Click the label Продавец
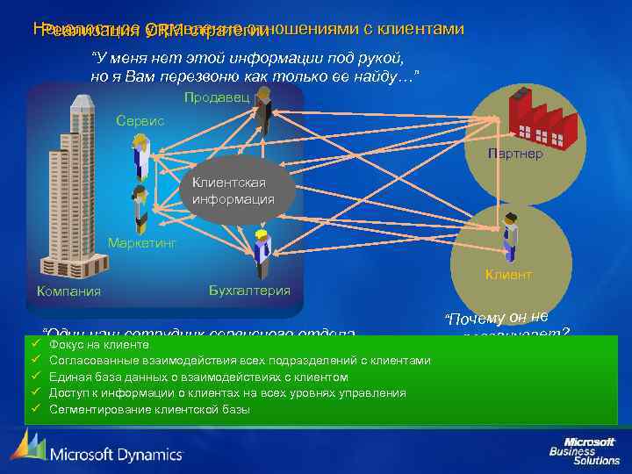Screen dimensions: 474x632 point(217,97)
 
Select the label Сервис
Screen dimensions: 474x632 point(140,120)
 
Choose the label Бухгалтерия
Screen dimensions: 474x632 point(250,290)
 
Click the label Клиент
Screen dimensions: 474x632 point(508,275)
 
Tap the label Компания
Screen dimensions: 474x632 point(68,291)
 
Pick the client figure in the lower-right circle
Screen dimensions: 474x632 point(508,233)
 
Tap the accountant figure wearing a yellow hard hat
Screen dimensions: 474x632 point(261,255)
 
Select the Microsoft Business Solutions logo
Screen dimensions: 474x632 point(584,450)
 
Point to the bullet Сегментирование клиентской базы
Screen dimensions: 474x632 point(149,409)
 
